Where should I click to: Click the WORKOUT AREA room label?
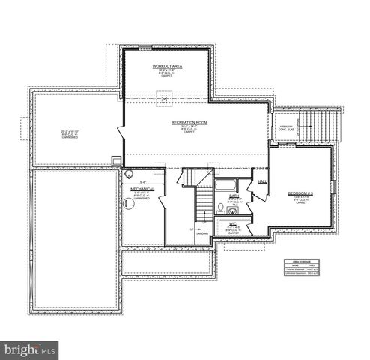[x=167, y=66]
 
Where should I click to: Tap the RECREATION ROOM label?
[x=189, y=121]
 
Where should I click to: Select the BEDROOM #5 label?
[x=300, y=193]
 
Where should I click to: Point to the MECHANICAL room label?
[x=142, y=188]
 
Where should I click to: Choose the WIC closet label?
[x=233, y=223]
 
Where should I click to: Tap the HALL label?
[x=262, y=182]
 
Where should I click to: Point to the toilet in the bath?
[x=221, y=207]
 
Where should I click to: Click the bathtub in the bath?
[x=225, y=184]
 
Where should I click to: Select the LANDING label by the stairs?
[x=202, y=234]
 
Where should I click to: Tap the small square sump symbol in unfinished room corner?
[x=116, y=159]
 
